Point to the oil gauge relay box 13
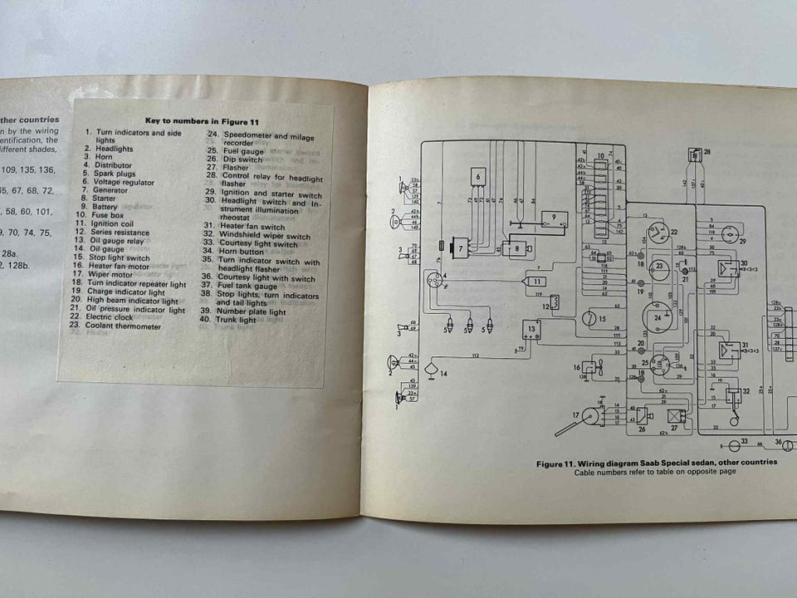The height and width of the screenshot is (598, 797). point(532,331)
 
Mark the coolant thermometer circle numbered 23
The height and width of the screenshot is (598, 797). point(661,266)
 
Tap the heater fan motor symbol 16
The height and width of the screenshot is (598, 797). point(589,367)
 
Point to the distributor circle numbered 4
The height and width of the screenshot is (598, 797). point(435,281)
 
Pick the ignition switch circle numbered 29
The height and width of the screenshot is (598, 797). point(730,236)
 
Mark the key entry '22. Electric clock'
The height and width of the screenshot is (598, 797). point(119,317)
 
